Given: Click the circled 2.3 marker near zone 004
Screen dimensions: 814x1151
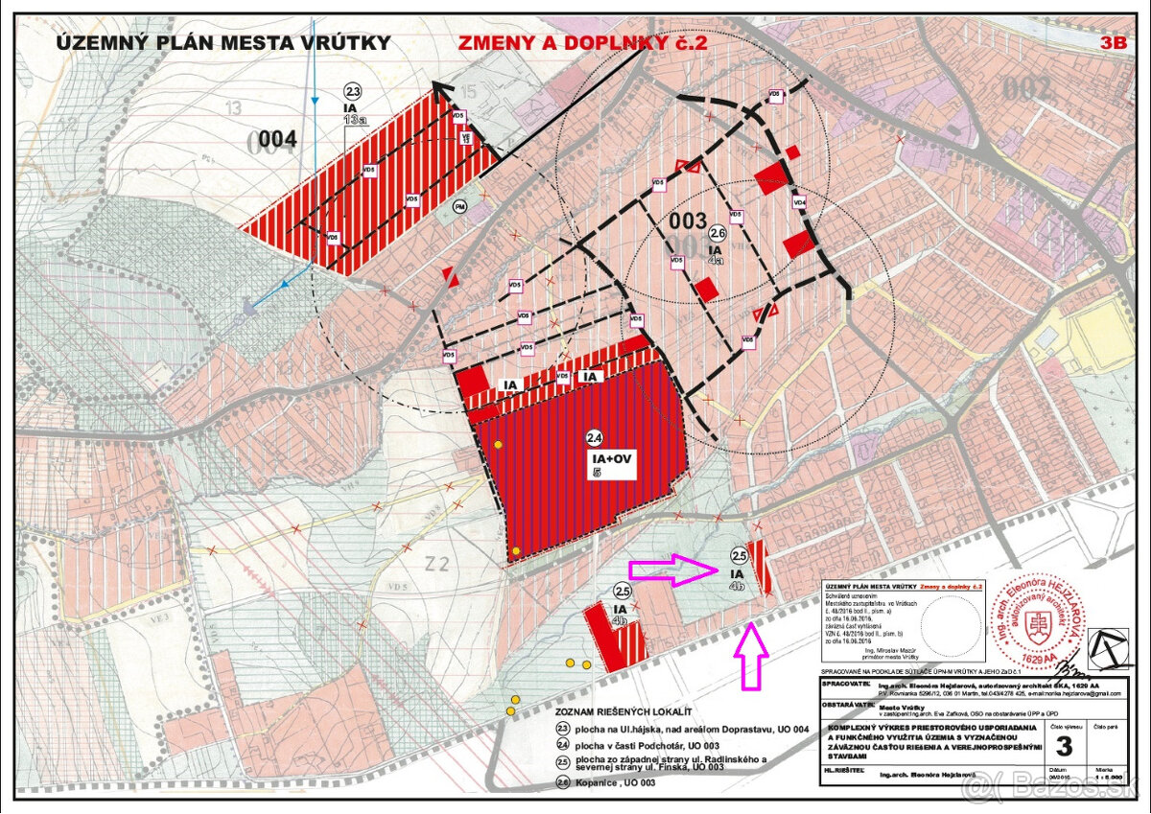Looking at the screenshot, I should click(353, 92).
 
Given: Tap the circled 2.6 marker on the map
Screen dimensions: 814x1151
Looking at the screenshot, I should click(716, 233).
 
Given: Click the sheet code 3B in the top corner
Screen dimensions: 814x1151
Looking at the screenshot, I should click(1113, 42).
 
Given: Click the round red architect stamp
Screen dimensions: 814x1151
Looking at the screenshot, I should click(1041, 623).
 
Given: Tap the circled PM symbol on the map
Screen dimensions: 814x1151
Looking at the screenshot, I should click(460, 206).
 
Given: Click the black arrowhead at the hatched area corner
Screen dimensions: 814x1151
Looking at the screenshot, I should click(442, 90).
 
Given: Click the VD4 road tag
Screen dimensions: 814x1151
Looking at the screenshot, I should click(799, 203).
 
